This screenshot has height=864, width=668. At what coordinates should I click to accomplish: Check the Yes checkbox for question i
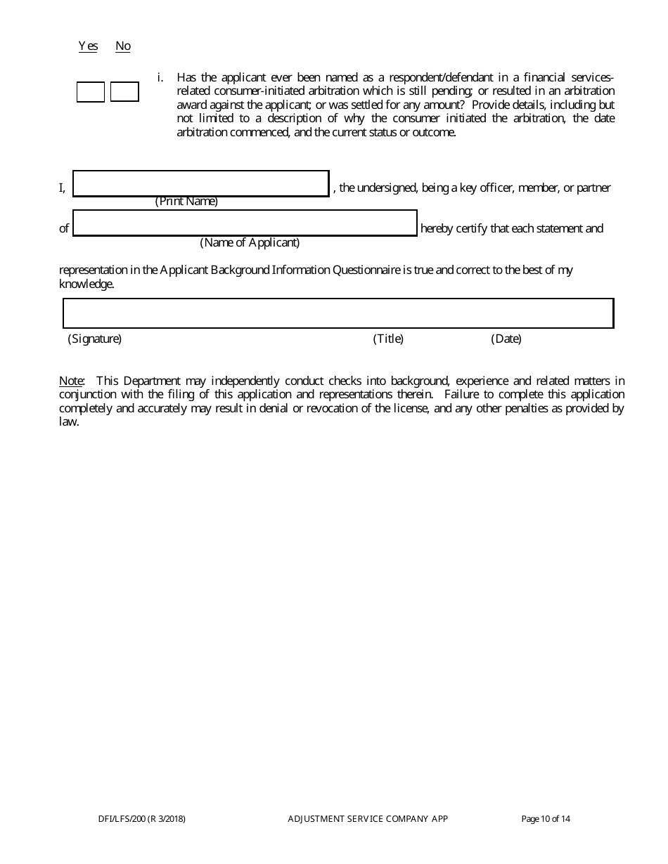90,92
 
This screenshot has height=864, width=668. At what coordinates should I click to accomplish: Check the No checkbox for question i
124,92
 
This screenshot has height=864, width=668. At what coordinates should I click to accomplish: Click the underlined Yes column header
88,46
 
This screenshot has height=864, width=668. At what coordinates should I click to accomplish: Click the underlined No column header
123,46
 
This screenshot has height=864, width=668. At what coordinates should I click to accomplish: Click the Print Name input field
201,183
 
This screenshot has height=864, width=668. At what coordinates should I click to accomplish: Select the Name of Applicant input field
245,223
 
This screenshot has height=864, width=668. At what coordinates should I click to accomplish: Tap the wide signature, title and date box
338,313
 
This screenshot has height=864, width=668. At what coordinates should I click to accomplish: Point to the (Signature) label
95,339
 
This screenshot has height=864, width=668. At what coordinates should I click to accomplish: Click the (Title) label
388,339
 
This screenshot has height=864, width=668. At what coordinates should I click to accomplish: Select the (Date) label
506,339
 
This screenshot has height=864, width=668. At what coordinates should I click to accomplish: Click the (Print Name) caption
186,202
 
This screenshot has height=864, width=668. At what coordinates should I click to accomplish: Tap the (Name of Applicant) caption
250,242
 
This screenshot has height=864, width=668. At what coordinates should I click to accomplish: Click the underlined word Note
71,381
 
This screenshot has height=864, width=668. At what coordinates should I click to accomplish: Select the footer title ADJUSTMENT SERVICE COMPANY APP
368,818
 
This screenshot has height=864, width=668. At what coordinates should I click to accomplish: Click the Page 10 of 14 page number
546,818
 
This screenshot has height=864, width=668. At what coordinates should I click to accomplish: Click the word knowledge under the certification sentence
85,284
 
